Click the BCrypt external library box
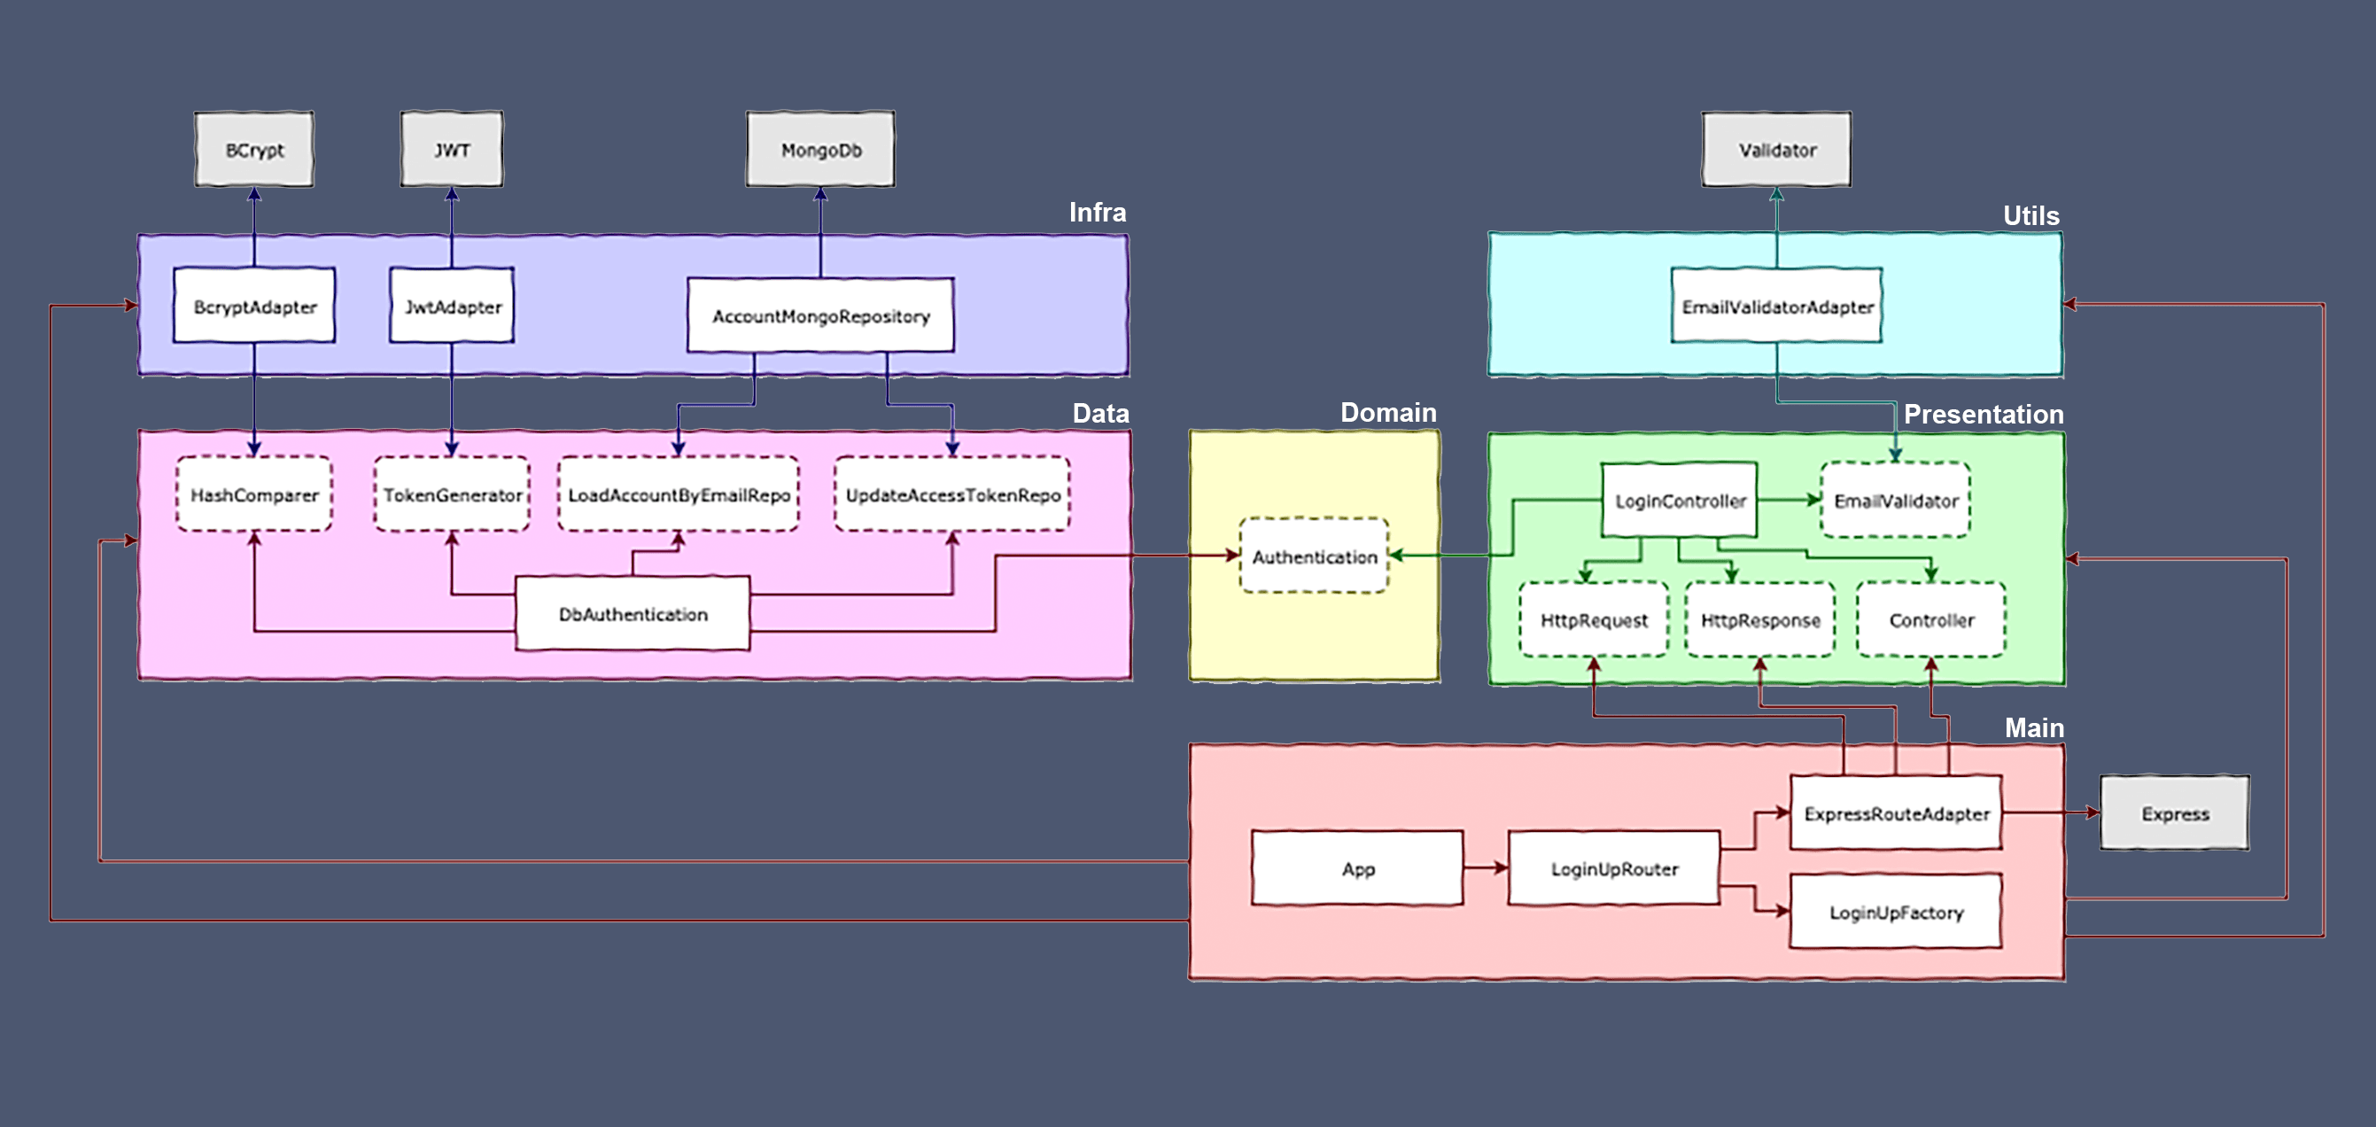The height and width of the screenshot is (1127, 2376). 253,150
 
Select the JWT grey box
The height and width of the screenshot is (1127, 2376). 451,150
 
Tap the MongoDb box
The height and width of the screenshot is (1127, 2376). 820,150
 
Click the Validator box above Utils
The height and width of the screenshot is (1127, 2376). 1775,150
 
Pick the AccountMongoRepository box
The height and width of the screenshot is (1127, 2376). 820,315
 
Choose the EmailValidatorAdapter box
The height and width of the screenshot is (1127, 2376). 1776,307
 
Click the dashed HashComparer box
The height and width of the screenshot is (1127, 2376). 253,494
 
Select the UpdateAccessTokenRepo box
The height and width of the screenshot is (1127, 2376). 951,494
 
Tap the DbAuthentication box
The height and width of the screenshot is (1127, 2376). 633,613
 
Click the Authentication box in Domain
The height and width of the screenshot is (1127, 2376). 1314,556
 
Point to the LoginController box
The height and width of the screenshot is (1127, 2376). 1679,500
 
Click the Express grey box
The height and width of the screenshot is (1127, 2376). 2174,813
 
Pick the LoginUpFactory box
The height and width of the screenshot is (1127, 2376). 1896,912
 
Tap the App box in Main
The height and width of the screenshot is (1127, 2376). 1357,868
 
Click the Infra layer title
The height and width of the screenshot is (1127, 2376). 1097,212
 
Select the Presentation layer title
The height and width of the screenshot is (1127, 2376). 1983,414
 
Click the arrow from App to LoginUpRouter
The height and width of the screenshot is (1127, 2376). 1484,868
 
